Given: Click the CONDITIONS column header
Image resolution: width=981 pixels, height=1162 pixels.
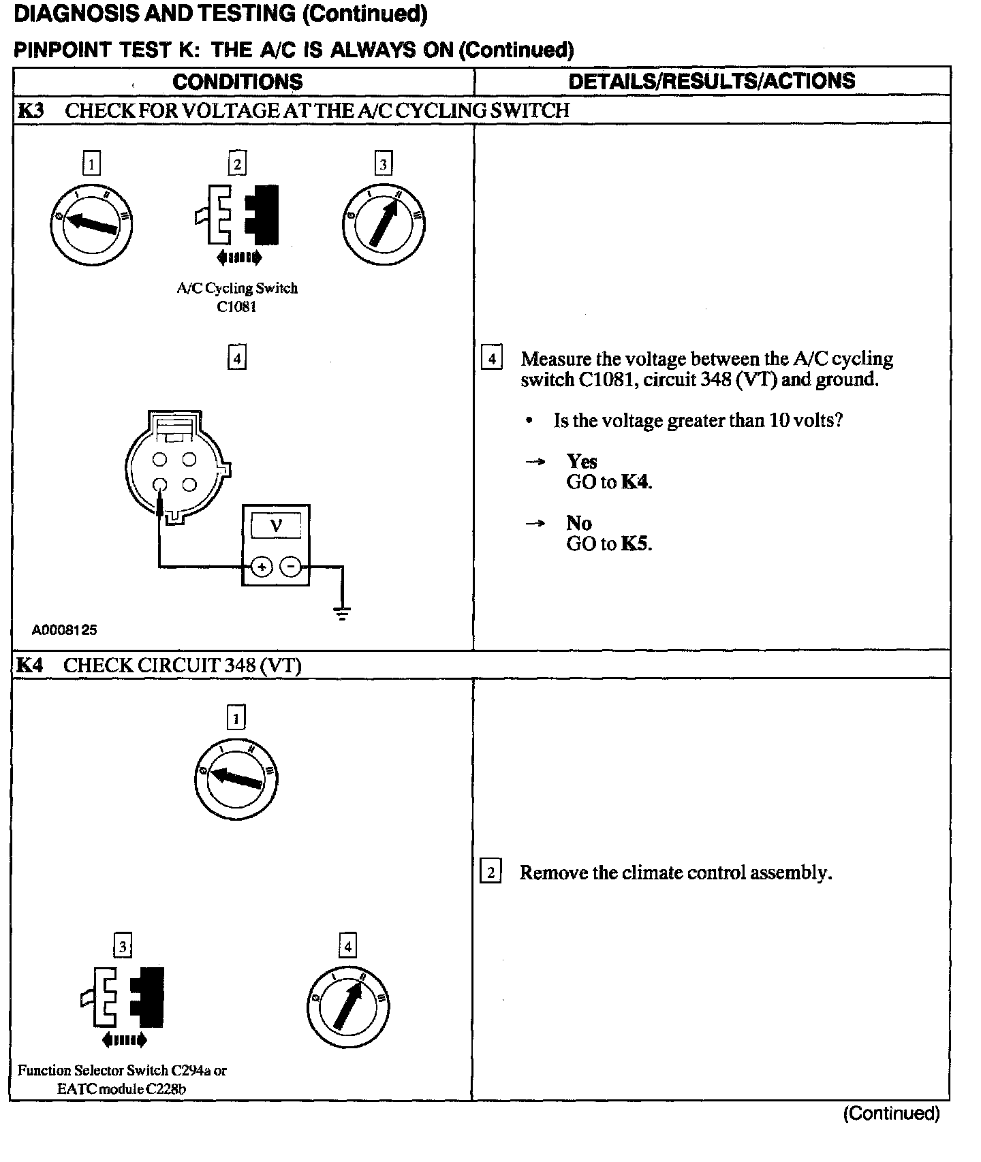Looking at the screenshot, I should [x=237, y=82].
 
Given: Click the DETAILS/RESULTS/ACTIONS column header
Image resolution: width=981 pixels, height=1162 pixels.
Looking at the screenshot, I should [x=711, y=81].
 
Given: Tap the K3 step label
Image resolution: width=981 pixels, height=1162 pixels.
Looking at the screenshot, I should [x=30, y=110].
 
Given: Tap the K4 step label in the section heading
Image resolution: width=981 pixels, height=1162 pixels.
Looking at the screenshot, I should [x=29, y=665].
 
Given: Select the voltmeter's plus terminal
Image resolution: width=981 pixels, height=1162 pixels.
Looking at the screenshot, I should [x=262, y=566].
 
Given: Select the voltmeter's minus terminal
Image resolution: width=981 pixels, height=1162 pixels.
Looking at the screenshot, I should [x=291, y=566].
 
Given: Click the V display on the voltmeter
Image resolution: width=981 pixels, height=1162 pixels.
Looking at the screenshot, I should [x=276, y=526].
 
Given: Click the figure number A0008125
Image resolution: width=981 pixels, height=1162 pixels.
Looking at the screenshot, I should [x=64, y=630].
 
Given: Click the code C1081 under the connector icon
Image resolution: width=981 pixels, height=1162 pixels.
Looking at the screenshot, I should [x=236, y=307].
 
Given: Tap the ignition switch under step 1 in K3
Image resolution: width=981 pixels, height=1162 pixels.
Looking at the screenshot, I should [x=91, y=224].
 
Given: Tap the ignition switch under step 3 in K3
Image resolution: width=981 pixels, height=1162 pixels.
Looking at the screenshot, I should [x=384, y=224].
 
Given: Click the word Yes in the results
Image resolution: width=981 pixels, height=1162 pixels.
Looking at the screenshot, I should [x=582, y=462].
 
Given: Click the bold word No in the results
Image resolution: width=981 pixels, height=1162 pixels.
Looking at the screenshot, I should [x=579, y=523].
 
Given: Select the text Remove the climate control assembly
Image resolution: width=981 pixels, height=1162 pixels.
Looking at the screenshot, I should [x=675, y=873].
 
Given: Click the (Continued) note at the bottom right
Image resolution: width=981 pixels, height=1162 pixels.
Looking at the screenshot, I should [x=891, y=1114].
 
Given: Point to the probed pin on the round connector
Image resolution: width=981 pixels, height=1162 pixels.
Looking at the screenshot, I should [x=159, y=486].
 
